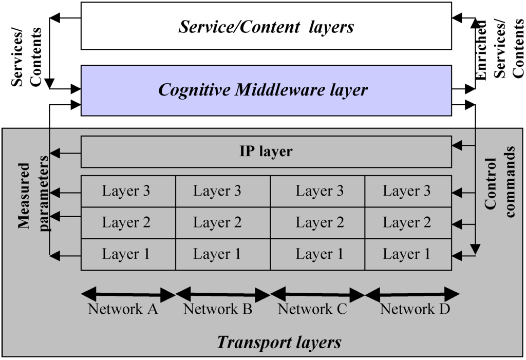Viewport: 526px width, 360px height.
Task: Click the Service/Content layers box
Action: coord(266,26)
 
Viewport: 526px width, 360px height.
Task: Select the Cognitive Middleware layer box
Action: coord(266,90)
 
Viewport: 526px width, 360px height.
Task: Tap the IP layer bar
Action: coord(266,152)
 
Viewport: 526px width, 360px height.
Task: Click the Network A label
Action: coord(123,309)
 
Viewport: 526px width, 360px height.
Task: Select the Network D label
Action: coord(415,309)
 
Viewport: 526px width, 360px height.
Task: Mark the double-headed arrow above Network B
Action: coord(223,295)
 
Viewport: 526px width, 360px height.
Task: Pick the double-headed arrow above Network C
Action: coord(317,295)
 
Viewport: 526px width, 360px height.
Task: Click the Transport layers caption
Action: coord(279,342)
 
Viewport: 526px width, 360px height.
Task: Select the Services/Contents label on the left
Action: coord(28,56)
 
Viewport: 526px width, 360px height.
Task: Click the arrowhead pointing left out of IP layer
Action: coord(54,153)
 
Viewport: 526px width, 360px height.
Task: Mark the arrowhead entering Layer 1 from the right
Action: coord(457,255)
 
